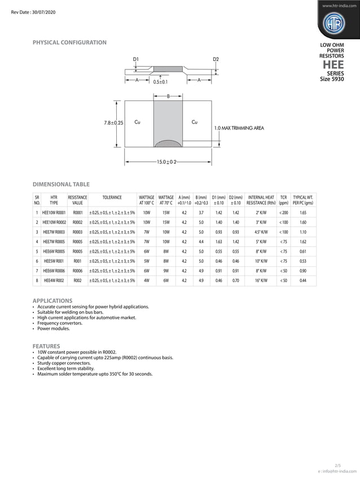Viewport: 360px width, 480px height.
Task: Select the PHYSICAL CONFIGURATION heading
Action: point(69,43)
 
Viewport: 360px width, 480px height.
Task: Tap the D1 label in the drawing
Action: point(136,59)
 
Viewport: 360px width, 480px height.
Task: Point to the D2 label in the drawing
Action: point(216,59)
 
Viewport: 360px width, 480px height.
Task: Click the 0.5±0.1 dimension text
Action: point(160,82)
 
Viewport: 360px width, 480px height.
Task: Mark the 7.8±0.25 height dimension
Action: point(114,122)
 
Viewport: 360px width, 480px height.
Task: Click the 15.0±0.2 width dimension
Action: point(166,162)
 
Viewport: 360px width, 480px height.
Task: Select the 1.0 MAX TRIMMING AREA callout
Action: point(239,129)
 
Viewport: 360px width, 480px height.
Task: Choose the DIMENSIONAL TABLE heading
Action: point(61,184)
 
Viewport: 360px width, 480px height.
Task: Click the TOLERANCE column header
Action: point(112,197)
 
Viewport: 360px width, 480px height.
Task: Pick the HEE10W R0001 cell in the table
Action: point(54,213)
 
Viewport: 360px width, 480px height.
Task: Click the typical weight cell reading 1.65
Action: point(303,213)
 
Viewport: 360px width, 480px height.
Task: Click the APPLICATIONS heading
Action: point(52,301)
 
